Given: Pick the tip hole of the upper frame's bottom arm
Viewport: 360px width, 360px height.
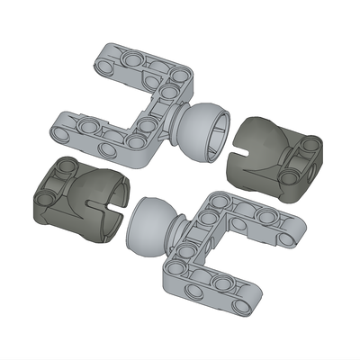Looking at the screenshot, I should pyautogui.click(x=62, y=132).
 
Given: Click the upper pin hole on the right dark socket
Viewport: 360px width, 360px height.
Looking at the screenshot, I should pyautogui.click(x=309, y=144).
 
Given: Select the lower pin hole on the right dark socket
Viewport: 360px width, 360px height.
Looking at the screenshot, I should pyautogui.click(x=288, y=178).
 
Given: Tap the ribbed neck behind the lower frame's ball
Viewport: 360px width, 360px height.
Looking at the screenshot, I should pyautogui.click(x=176, y=234).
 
